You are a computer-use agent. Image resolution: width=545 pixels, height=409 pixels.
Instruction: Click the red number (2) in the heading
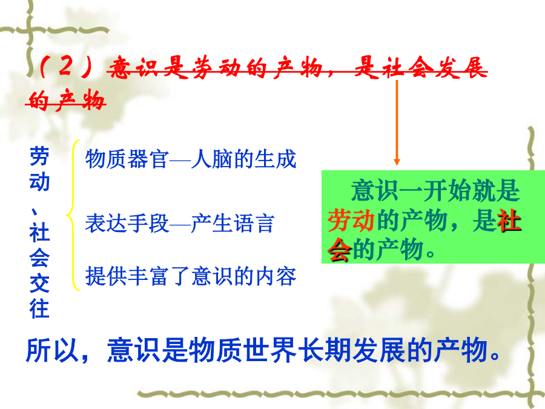click(67, 66)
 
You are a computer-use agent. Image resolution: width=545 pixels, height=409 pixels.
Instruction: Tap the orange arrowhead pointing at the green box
click(397, 162)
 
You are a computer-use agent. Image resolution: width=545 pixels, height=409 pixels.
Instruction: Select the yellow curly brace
click(73, 215)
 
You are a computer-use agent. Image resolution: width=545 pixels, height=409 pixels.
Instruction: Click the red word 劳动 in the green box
click(351, 221)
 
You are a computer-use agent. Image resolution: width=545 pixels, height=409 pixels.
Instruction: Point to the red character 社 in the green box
click(509, 221)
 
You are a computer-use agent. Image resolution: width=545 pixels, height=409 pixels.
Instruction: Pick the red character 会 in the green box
click(339, 250)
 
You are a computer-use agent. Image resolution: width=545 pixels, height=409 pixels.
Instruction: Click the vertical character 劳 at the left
click(39, 156)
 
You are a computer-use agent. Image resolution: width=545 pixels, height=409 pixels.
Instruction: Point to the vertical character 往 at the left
click(39, 308)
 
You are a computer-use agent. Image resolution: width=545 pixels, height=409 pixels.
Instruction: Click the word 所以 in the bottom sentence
click(53, 350)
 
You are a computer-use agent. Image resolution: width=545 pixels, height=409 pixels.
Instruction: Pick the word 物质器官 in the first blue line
click(127, 159)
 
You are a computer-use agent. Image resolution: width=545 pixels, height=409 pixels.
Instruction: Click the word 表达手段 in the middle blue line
click(127, 223)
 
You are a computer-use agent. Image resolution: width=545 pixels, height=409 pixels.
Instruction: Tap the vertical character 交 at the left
click(39, 283)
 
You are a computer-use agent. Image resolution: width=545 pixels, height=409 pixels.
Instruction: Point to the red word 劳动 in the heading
click(217, 67)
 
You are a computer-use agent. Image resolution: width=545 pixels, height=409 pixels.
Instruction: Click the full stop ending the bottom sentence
click(495, 356)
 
